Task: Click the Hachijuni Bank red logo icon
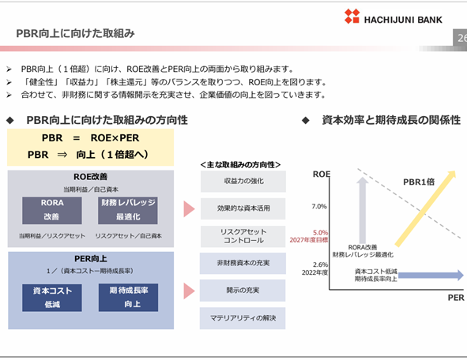(x=352, y=16)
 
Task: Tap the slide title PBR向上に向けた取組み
(x=75, y=33)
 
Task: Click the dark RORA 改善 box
(x=52, y=210)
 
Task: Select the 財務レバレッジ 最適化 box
(x=128, y=210)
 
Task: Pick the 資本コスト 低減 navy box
(x=52, y=298)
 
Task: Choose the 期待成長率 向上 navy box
(x=128, y=298)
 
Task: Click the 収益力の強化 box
(x=243, y=182)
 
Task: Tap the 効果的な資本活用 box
(x=243, y=208)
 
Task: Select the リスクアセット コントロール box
(x=243, y=236)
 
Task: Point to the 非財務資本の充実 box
(x=243, y=263)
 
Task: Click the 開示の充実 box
(x=243, y=291)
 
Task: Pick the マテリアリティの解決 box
(x=243, y=318)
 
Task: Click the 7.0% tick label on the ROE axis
(x=319, y=206)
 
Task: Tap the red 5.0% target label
(x=320, y=232)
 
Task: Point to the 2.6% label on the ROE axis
(x=320, y=264)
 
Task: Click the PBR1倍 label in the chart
(x=419, y=182)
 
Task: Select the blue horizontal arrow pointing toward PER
(x=431, y=276)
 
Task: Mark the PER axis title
(x=456, y=298)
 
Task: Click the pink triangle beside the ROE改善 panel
(x=189, y=209)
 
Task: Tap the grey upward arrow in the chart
(x=363, y=210)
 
